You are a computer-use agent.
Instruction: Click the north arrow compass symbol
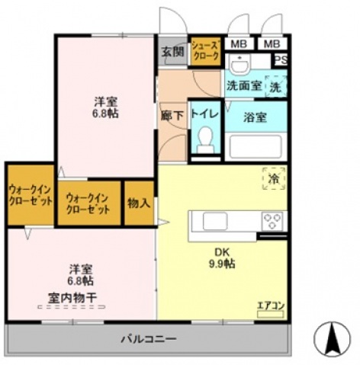[332, 338]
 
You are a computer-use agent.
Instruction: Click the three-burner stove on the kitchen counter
[272, 221]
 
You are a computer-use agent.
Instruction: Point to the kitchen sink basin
[215, 221]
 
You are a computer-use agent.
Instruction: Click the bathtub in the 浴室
[256, 147]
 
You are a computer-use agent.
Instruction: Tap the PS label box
[281, 60]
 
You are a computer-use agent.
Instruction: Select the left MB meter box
[239, 44]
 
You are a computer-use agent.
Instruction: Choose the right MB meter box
[272, 44]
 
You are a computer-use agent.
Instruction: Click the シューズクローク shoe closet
[205, 52]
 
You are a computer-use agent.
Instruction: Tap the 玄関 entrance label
[172, 52]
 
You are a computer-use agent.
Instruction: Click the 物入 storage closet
[139, 203]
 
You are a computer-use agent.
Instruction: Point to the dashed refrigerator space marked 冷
[274, 178]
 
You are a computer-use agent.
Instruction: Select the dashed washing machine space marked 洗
[276, 86]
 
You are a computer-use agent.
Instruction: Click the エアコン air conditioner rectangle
[270, 314]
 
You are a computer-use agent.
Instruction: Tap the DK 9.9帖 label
[222, 258]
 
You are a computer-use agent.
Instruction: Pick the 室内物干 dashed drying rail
[72, 307]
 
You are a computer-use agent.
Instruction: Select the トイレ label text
[205, 114]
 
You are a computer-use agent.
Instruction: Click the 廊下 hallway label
[172, 116]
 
